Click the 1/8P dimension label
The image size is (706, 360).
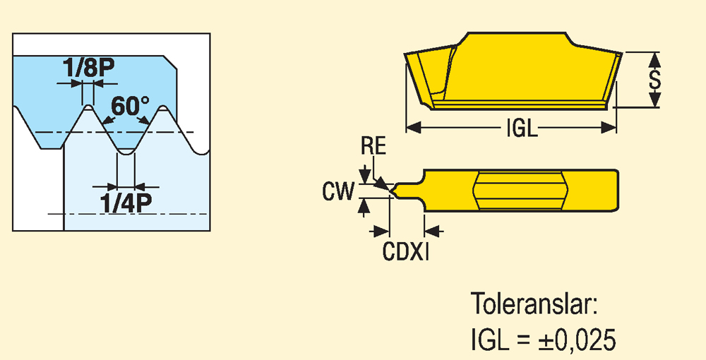[88, 69]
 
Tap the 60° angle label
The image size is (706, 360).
[131, 107]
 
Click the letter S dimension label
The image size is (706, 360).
[655, 79]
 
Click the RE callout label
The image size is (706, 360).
[373, 148]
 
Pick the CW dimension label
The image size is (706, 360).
[337, 191]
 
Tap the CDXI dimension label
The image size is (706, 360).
[406, 252]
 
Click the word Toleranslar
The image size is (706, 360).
[534, 306]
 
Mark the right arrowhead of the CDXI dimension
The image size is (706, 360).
[432, 231]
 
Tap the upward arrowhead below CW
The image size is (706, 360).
[364, 205]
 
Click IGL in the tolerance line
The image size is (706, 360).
[489, 341]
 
